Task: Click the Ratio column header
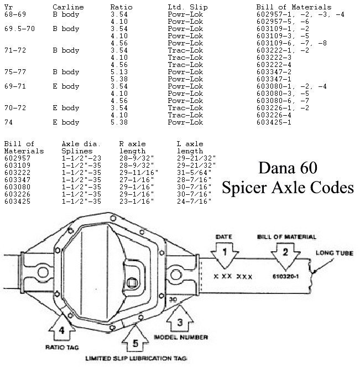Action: (121, 7)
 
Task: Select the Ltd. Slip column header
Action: (187, 7)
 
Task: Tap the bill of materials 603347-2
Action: (274, 72)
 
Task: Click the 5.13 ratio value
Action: (119, 72)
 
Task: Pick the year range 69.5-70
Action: (19, 29)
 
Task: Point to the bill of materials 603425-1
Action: (274, 122)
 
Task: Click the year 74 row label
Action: (8, 122)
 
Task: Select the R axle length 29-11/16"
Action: (139, 173)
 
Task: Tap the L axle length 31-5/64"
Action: (194, 173)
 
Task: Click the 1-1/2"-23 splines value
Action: (81, 158)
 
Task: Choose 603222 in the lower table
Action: (17, 173)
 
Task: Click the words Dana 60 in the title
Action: (288, 168)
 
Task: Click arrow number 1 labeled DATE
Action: (225, 255)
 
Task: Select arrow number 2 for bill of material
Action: (285, 256)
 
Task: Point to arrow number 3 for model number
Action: (180, 319)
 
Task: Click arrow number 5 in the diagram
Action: (135, 338)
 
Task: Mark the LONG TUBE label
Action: (334, 253)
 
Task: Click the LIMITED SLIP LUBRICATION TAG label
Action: (136, 358)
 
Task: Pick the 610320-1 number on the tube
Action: (285, 276)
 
